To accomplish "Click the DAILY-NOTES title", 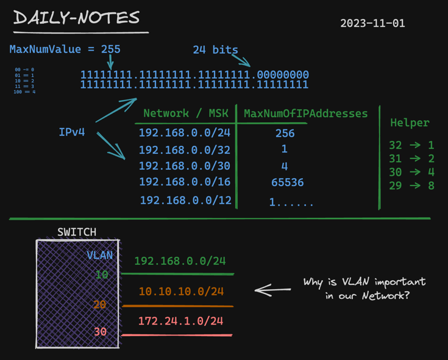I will (x=77, y=18).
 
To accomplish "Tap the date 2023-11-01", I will (x=372, y=24).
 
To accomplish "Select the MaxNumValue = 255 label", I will (x=65, y=49).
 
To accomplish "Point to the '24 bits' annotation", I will (x=215, y=50).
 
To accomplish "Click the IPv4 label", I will (x=72, y=132).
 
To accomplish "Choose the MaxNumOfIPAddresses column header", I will (x=305, y=113).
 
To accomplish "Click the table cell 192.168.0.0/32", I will (x=184, y=149).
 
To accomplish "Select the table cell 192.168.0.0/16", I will (x=184, y=181).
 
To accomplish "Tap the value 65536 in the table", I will (x=287, y=182).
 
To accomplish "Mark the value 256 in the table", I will (x=285, y=133).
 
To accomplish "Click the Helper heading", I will (x=410, y=123).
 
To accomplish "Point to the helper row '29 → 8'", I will (x=411, y=185).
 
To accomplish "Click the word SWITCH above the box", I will (x=76, y=232).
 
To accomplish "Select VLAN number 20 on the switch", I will (x=99, y=304).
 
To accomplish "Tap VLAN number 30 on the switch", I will (x=99, y=331).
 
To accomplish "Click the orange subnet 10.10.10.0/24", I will (x=181, y=292).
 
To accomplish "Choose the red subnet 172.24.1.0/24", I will (x=180, y=320).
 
